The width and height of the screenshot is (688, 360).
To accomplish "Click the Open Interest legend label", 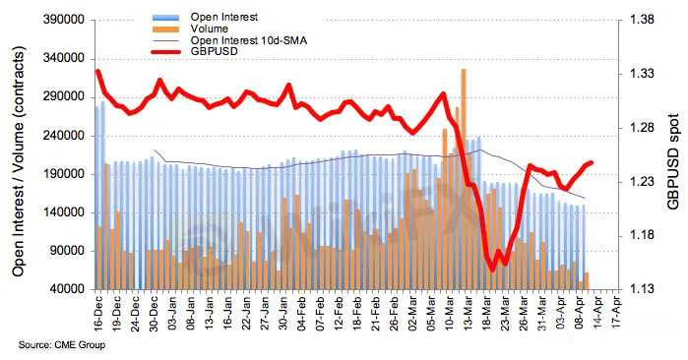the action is coord(223,17).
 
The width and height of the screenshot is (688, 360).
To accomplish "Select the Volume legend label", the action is coord(209,29).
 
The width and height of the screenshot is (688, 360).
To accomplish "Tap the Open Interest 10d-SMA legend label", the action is coord(248,40).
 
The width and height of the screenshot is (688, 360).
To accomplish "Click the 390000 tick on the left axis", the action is coord(65,20).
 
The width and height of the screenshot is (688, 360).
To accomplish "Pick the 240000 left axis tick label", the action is coord(65,136).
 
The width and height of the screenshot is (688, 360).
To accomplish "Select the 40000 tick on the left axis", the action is coord(69,289).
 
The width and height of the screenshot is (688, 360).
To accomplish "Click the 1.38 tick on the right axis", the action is coord(641,20).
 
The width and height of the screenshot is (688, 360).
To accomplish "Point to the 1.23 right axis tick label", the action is coord(641,182).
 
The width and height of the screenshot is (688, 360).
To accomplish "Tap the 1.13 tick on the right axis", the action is coord(641,289).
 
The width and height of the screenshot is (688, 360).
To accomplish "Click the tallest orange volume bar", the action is coord(464,179).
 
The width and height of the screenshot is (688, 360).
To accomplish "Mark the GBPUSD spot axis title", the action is coord(673,161).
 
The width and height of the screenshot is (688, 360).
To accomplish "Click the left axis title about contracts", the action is coord(18,161).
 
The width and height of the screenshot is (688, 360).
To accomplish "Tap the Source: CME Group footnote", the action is coord(62,345).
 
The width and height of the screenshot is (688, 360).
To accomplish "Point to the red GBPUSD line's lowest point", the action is coord(492,270).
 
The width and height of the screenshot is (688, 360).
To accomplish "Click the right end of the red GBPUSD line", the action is coord(592,162).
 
